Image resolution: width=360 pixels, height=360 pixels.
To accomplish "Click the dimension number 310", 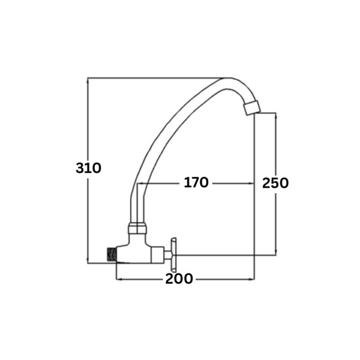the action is [x=88, y=168].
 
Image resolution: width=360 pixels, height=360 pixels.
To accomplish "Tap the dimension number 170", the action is [x=196, y=182].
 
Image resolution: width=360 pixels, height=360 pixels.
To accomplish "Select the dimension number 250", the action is [x=275, y=183].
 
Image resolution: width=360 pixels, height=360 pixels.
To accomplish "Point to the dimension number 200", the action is [x=179, y=279].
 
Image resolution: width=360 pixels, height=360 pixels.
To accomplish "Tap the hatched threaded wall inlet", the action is [x=112, y=254].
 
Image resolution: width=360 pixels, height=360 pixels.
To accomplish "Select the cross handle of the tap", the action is [x=173, y=254].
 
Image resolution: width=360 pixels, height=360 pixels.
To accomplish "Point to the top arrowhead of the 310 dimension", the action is [x=88, y=80].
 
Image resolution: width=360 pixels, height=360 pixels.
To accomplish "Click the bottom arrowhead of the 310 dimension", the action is [x=88, y=260].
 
